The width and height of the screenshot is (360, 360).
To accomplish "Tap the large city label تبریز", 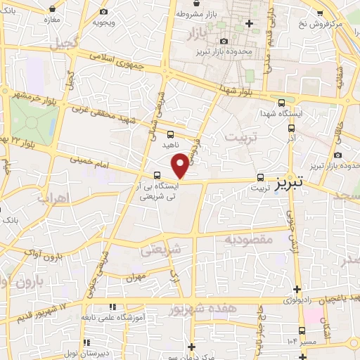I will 289,181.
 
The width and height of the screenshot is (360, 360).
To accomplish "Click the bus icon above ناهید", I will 170,134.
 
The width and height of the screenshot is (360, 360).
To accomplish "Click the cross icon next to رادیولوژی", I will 297,289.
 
